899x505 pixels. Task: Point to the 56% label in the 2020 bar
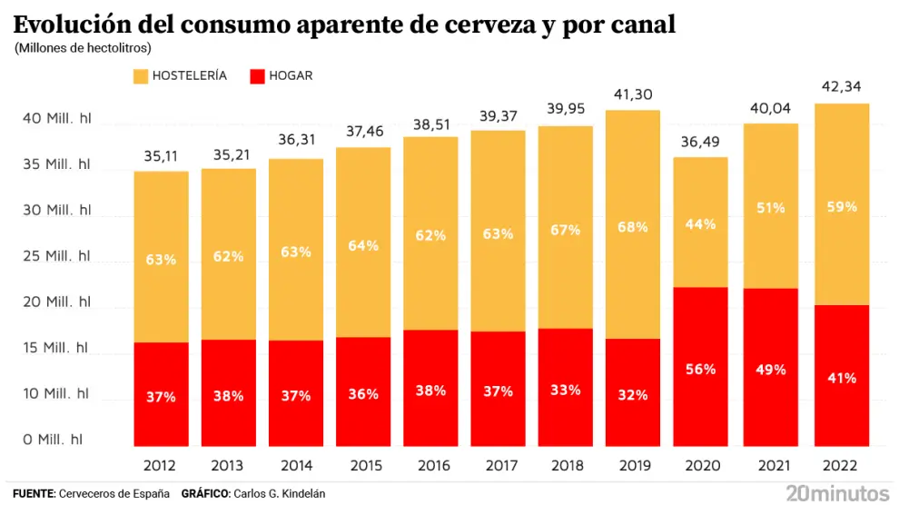[x=700, y=369]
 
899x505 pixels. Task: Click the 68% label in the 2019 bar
[x=632, y=227]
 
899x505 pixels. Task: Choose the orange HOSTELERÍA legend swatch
[x=141, y=76]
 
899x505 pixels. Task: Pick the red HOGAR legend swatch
[x=256, y=76]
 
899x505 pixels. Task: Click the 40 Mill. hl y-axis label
[x=56, y=118]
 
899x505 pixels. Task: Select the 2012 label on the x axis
[x=161, y=465]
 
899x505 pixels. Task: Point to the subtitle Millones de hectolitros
[x=83, y=47]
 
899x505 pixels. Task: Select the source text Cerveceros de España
[x=114, y=493]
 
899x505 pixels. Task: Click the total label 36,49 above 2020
[x=700, y=142]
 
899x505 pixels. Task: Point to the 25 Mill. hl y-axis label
[x=56, y=256]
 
